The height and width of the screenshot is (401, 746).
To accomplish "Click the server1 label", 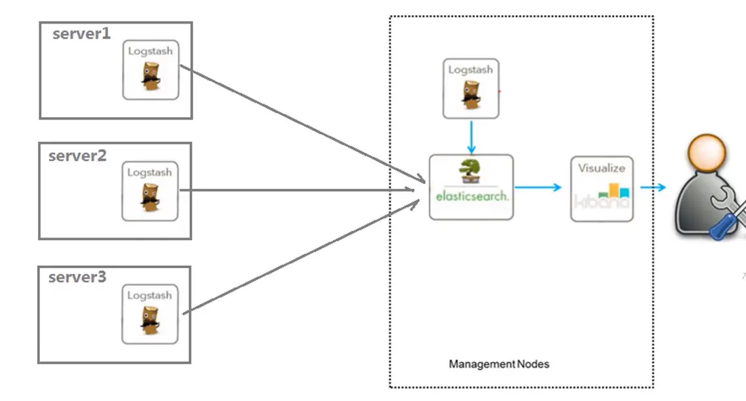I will pyautogui.click(x=82, y=34).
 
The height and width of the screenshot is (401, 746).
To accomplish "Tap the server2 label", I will pyautogui.click(x=77, y=156).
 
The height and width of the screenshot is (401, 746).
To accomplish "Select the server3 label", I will pyautogui.click(x=77, y=277).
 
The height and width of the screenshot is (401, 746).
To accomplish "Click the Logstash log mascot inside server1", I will pyautogui.click(x=150, y=76).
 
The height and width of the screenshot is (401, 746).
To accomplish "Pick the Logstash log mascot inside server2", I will pyautogui.click(x=150, y=197).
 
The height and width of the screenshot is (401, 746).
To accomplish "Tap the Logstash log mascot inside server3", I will pyautogui.click(x=150, y=320).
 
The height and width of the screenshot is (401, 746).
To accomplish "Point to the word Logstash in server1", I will pyautogui.click(x=150, y=51).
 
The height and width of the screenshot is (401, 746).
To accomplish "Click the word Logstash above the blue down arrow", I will pyautogui.click(x=471, y=70).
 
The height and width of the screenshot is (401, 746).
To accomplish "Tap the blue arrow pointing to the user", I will pyautogui.click(x=653, y=188).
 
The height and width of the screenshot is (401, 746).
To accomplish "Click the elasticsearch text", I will pyautogui.click(x=471, y=196).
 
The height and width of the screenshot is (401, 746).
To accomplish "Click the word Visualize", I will pyautogui.click(x=602, y=168).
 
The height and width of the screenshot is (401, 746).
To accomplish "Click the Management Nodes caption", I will pyautogui.click(x=499, y=364).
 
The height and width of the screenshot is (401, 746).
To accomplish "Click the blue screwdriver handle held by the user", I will pyautogui.click(x=721, y=228).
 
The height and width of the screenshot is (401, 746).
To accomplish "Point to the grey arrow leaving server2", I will pyautogui.click(x=294, y=190).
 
